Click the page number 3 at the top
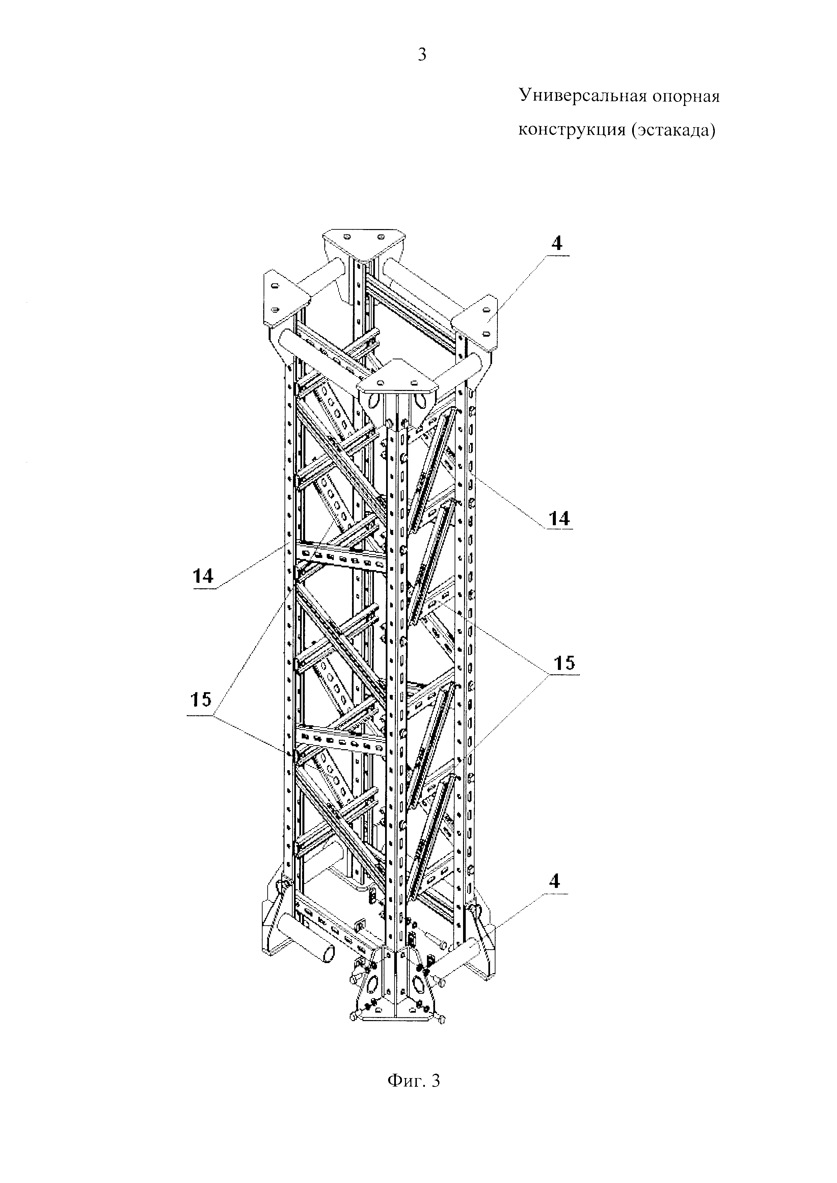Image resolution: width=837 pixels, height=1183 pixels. click(x=422, y=54)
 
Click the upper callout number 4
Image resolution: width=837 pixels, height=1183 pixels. click(x=557, y=243)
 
